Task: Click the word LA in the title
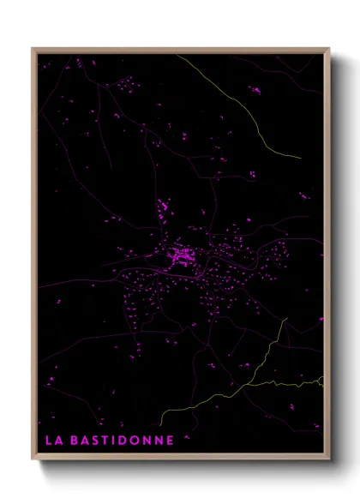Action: pyautogui.click(x=53, y=440)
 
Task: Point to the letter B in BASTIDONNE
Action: pyautogui.click(x=75, y=440)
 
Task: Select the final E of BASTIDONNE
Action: pyautogui.click(x=171, y=440)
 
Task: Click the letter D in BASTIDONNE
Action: pyautogui.click(x=119, y=440)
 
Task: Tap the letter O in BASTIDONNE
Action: pyautogui.click(x=132, y=440)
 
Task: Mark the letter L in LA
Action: pyautogui.click(x=48, y=440)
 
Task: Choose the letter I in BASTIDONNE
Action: pyautogui.click(x=111, y=440)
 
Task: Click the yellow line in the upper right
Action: pyautogui.click(x=249, y=103)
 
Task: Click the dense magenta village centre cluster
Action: pyautogui.click(x=181, y=255)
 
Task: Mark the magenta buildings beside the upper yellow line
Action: pyautogui.click(x=255, y=88)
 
